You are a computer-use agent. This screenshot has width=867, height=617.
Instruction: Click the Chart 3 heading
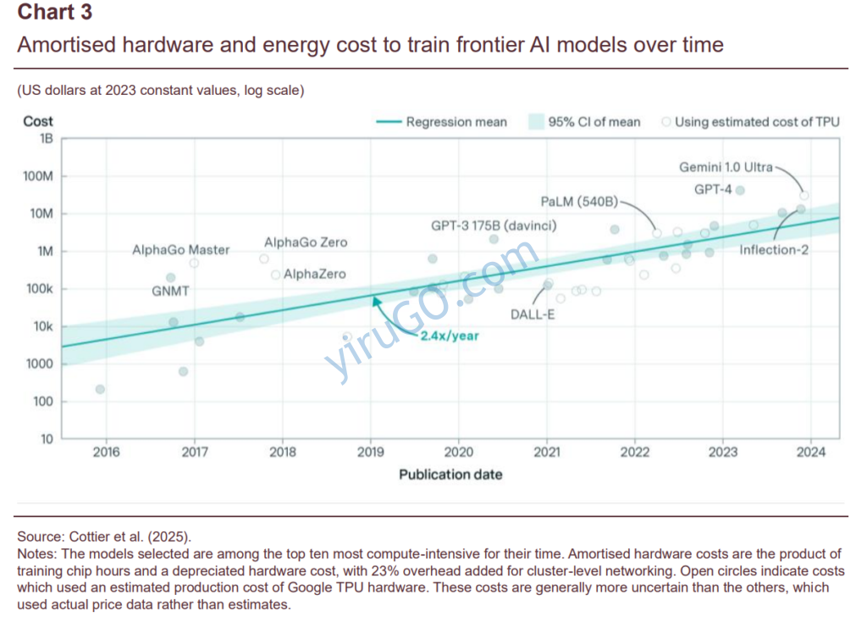pos(55,13)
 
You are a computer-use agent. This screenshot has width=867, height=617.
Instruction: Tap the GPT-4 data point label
pos(712,190)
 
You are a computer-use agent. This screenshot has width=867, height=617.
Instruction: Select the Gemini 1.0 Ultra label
pos(726,167)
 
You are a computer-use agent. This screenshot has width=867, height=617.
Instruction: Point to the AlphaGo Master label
pos(180,250)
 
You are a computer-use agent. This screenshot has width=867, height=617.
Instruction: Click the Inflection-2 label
pos(774,250)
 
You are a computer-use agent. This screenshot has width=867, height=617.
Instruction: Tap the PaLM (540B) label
pos(579,202)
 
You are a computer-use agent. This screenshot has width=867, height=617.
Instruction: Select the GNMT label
pos(170,291)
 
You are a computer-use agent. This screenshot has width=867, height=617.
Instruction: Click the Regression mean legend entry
pos(456,122)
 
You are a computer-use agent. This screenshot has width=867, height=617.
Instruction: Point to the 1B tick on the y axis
pos(46,138)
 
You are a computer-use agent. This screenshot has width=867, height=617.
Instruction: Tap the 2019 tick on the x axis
pos(371,453)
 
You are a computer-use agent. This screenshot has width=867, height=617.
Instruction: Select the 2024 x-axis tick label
pos(811,453)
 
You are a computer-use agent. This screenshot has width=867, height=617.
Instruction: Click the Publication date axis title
pos(450,475)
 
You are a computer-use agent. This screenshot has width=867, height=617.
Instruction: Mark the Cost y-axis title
pos(38,121)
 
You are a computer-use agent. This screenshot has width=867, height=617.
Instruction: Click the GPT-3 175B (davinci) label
pos(494,226)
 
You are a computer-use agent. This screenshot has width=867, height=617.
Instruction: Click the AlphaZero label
pos(314,275)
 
